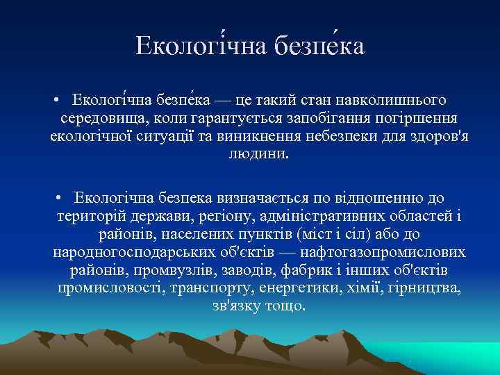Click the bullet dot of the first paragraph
coord(56,101)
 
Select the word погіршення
coord(416,118)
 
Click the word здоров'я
coord(440,135)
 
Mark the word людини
coord(257,153)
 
